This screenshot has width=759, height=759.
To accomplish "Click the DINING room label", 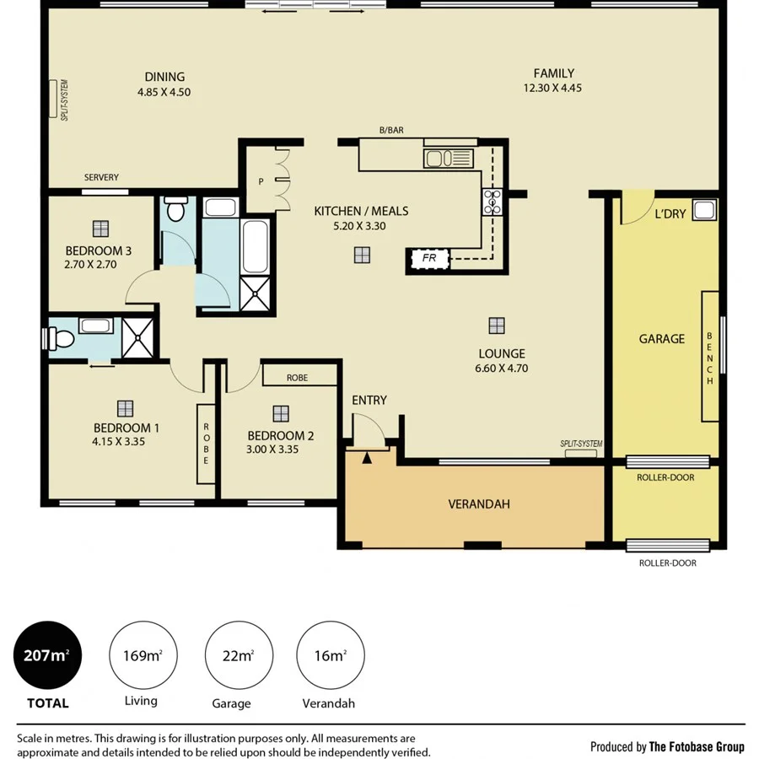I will (x=164, y=77).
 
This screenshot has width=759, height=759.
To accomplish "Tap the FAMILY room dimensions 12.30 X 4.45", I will (x=552, y=88).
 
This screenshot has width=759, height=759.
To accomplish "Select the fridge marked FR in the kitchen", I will (x=429, y=259).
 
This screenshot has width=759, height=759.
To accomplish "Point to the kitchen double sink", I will (x=440, y=159).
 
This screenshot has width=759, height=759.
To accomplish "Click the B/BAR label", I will (x=391, y=130).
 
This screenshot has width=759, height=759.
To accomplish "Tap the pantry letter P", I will (x=261, y=180).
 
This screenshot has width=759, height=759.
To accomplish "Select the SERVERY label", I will (x=101, y=178).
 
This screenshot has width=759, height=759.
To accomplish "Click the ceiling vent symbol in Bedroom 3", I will (x=101, y=228).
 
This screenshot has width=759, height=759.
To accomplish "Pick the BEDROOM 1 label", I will (x=126, y=428).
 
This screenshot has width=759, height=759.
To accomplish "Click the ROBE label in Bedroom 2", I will (x=297, y=379).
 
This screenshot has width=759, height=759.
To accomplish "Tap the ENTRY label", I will (x=369, y=400).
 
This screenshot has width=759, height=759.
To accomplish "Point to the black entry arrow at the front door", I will (x=366, y=458).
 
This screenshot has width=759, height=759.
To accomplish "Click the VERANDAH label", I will (x=478, y=504).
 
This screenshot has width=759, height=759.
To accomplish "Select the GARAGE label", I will (x=661, y=339).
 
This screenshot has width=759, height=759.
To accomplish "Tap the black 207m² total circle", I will (x=47, y=654).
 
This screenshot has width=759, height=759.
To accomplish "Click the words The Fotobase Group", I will (x=697, y=746).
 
